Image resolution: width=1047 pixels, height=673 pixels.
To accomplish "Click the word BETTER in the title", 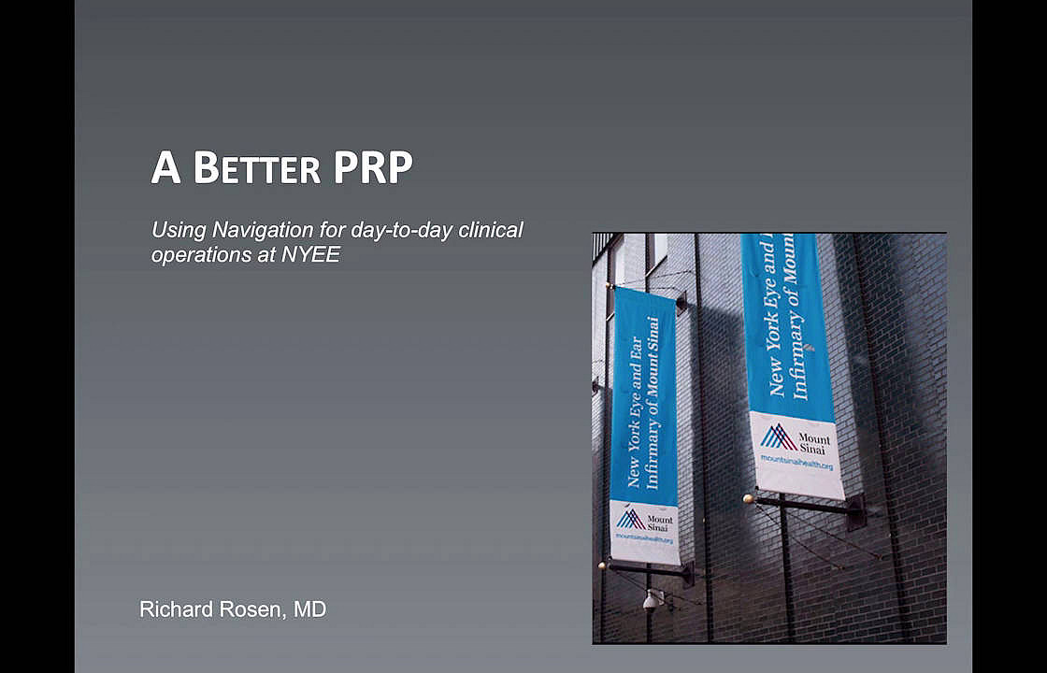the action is pyautogui.click(x=256, y=168).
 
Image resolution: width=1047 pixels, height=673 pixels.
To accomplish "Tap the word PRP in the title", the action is pyautogui.click(x=373, y=168).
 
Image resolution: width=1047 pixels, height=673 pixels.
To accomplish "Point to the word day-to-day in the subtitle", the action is pyautogui.click(x=401, y=231).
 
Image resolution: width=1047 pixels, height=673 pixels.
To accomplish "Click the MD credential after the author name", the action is pyautogui.click(x=310, y=609).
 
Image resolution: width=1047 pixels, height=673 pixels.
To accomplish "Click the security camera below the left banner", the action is pyautogui.click(x=651, y=601).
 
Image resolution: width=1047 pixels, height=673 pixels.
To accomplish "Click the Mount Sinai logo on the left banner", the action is pyautogui.click(x=645, y=520).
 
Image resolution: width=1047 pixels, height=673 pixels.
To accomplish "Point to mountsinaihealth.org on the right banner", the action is pyautogui.click(x=796, y=462).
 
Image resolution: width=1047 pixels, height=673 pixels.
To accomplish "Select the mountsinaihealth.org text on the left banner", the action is pyautogui.click(x=644, y=538).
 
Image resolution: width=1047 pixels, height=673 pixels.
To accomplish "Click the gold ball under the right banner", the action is pyautogui.click(x=749, y=498).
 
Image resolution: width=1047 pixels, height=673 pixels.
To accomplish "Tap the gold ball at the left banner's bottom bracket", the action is pyautogui.click(x=602, y=565).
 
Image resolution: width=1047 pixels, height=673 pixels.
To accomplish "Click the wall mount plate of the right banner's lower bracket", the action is pyautogui.click(x=855, y=511).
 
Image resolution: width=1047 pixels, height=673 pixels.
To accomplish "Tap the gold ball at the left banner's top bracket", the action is pyautogui.click(x=609, y=286).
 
